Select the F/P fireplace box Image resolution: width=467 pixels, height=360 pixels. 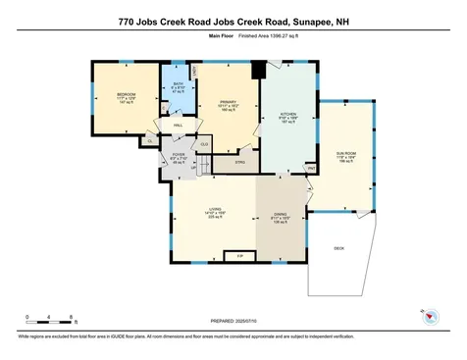239,257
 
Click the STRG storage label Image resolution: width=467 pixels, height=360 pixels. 239,162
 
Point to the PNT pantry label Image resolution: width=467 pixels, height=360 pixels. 311,168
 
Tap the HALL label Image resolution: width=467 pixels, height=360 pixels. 180,126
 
